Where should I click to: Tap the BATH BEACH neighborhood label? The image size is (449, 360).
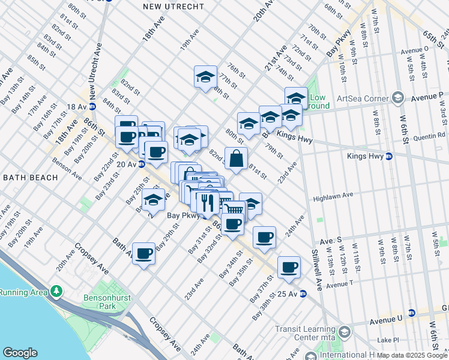31,178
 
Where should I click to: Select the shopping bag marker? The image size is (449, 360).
237,159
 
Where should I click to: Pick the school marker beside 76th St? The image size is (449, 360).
205,77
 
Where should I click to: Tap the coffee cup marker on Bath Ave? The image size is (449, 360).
143,254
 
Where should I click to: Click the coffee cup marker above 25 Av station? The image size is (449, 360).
289,268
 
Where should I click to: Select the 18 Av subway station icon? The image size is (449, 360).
92,106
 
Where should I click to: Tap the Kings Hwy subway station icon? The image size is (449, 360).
388,156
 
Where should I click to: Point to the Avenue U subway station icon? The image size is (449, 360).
411,313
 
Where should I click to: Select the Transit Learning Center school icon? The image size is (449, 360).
345,332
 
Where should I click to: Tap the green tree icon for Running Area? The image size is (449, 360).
57,291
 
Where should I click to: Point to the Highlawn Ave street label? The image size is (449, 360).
333,196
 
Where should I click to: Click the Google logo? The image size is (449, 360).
20,352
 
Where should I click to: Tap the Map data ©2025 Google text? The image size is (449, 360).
411,355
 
